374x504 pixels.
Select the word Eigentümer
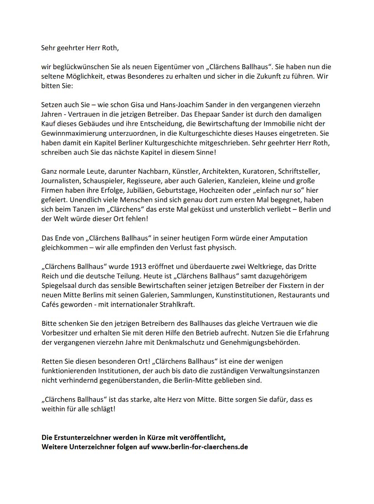coord(174,67)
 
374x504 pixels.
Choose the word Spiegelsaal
coord(59,286)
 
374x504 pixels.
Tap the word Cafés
coord(51,305)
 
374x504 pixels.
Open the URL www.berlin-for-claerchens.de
coord(199,447)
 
